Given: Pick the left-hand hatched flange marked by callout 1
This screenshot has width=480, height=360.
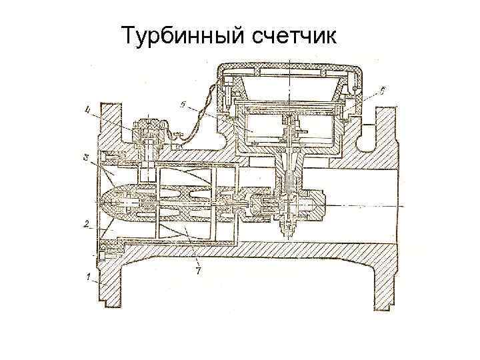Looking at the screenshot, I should coord(108,280).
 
